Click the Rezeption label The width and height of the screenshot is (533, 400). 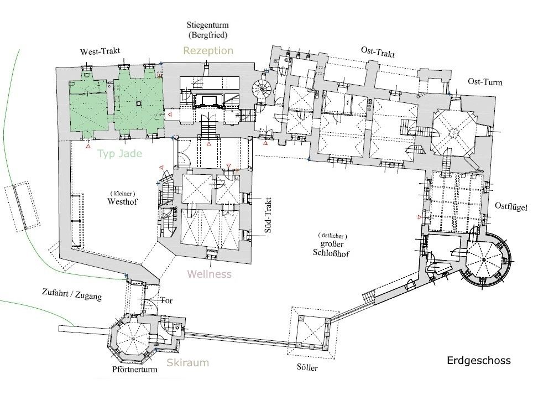point(208,51)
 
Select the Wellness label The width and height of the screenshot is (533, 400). point(209,274)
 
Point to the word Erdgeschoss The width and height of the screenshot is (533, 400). point(478,361)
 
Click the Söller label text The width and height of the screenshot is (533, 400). point(307,367)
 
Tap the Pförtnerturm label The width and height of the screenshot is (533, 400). point(131,370)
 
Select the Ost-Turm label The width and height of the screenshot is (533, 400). point(485,82)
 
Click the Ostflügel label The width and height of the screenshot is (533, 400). point(511,207)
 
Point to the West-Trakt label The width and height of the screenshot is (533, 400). point(100,51)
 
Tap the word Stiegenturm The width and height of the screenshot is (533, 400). point(208,25)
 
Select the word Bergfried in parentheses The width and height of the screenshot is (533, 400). point(208,35)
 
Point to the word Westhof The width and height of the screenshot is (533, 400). point(123,202)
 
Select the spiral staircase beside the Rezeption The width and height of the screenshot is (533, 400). point(259,89)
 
